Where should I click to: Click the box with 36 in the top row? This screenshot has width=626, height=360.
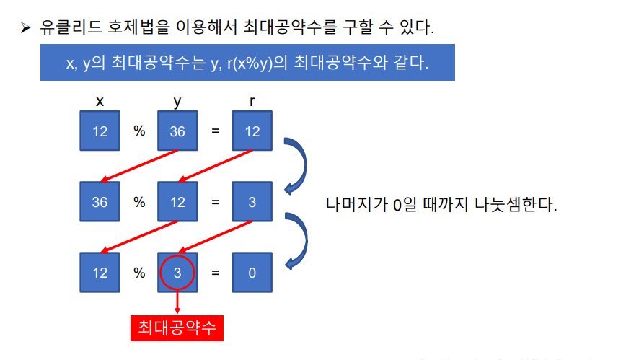pyautogui.click(x=177, y=131)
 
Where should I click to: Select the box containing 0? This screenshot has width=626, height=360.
pyautogui.click(x=252, y=273)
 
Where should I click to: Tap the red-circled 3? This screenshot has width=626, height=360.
pyautogui.click(x=177, y=273)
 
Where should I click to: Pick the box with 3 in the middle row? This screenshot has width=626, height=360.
pyautogui.click(x=252, y=202)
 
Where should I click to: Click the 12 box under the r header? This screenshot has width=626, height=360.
pyautogui.click(x=252, y=131)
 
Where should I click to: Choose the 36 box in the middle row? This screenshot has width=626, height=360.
pyautogui.click(x=100, y=202)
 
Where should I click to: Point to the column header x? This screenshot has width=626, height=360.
pyautogui.click(x=100, y=102)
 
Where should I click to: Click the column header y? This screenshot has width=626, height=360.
pyautogui.click(x=177, y=102)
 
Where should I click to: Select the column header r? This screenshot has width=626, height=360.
pyautogui.click(x=252, y=102)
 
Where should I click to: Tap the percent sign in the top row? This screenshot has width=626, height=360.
pyautogui.click(x=139, y=131)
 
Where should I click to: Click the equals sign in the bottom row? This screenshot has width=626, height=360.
pyautogui.click(x=215, y=273)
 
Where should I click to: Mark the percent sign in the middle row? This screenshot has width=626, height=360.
pyautogui.click(x=139, y=202)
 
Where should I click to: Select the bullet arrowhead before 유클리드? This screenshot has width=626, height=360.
pyautogui.click(x=26, y=29)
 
